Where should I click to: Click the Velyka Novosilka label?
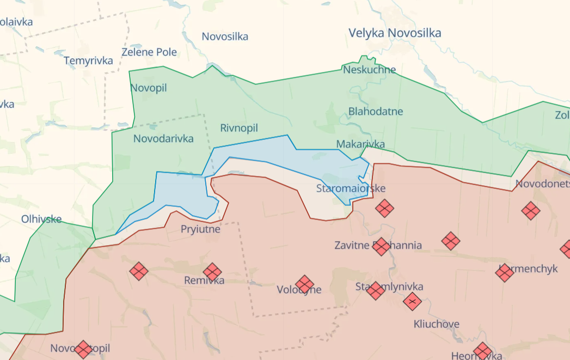tap(395, 33)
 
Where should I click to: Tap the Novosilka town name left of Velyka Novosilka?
tap(225, 36)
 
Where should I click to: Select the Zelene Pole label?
tap(149, 52)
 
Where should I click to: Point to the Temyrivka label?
tap(88, 60)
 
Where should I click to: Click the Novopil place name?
tap(149, 88)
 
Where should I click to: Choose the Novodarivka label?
tap(163, 138)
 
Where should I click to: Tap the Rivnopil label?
tap(239, 128)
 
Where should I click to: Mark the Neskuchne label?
tap(369, 70)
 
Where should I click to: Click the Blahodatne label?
tap(376, 112)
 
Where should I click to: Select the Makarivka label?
tap(360, 144)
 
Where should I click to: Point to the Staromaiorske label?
tap(351, 188)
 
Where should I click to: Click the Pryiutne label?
tap(200, 229)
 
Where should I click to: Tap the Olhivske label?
tap(41, 219)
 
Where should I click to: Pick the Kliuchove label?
tap(436, 324)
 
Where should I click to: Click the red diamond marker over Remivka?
tap(212, 272)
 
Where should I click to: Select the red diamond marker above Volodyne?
tap(304, 284)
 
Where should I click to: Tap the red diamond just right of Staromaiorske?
tap(384, 208)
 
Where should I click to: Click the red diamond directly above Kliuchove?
tap(413, 301)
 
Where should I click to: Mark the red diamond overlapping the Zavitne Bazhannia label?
tap(381, 246)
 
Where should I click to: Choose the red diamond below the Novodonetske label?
tap(531, 210)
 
